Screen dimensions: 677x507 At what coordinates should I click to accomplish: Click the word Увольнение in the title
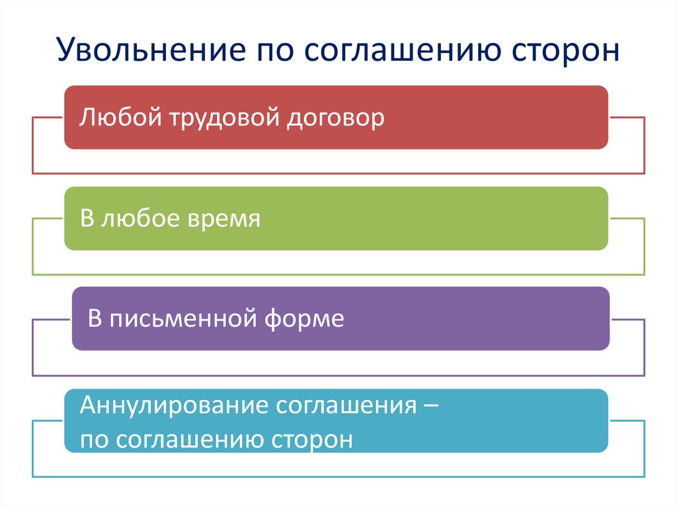pos(151,50)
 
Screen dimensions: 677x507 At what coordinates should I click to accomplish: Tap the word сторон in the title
pos(566,50)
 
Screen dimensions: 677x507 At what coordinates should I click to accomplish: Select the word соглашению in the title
pos(403,50)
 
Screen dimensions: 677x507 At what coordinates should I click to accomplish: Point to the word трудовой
pos(225,119)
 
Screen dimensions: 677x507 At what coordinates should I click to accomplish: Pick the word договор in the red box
pos(335,119)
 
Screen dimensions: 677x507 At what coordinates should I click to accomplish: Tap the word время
pos(224,219)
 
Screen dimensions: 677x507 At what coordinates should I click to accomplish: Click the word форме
pos(304,319)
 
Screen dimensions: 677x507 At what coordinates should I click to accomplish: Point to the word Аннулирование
pos(174,406)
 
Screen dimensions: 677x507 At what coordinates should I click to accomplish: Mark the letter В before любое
pos(87,218)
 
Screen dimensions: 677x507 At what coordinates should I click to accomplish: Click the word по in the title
pos(276,52)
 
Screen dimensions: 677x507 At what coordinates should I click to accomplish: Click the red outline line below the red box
pos(338,174)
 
